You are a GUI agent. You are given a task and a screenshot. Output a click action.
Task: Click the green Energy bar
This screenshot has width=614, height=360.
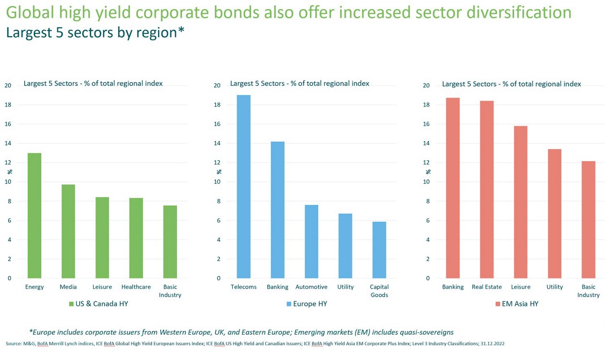click(35, 216)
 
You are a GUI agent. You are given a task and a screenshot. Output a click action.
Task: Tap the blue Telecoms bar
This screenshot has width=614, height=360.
click(244, 187)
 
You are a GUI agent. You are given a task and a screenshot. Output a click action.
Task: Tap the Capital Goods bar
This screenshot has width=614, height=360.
click(379, 250)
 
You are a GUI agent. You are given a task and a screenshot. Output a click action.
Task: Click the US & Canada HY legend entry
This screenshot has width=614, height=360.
click(98, 304)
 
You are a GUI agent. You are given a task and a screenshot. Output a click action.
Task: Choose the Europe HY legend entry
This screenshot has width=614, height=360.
click(307, 304)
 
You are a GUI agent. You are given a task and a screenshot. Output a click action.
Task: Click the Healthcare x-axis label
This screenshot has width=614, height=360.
click(136, 287)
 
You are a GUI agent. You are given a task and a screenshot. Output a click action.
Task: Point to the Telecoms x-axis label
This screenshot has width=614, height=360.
click(244, 287)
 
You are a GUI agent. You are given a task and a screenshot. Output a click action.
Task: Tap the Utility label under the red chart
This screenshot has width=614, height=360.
click(555, 287)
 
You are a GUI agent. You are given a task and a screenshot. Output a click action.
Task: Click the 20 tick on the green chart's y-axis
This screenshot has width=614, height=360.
click(8, 85)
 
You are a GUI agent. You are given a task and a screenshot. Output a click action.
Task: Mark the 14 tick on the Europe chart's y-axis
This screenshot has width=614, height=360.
click(217, 144)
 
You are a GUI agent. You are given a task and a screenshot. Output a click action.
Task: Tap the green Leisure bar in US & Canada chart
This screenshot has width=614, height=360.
click(102, 238)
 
